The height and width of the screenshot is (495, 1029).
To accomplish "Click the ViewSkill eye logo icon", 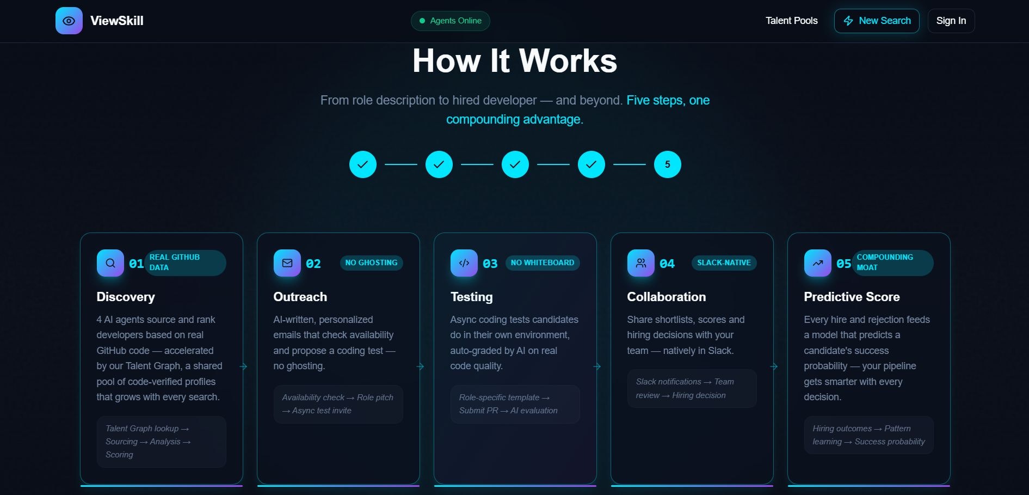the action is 69,21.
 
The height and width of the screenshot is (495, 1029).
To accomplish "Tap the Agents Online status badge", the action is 451,21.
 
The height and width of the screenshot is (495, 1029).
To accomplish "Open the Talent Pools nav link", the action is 791,21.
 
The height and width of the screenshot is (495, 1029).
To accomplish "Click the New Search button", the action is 877,21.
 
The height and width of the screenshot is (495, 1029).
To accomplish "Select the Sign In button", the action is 951,21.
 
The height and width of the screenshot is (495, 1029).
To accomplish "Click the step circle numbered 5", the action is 668,164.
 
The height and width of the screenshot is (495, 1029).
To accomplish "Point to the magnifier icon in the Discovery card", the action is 110,263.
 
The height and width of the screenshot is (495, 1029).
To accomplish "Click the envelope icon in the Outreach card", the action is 287,263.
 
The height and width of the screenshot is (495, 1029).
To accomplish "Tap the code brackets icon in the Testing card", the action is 464,263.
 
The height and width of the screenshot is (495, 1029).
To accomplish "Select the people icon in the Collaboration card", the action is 641,263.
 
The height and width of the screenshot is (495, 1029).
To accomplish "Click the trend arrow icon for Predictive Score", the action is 818,263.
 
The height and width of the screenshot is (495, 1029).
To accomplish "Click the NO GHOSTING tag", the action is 372,262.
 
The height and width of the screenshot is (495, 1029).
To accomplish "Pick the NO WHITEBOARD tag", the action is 543,262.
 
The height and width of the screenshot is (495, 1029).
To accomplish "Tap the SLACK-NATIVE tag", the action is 724,262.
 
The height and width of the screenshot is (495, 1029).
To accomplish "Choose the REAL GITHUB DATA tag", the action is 185,262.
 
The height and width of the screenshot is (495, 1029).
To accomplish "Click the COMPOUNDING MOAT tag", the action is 892,262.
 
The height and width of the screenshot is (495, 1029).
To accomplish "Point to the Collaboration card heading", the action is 667,297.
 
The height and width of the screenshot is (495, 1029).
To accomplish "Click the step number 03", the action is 490,264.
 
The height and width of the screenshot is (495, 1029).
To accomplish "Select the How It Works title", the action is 515,60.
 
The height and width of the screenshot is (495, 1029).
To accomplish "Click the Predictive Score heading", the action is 852,297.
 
